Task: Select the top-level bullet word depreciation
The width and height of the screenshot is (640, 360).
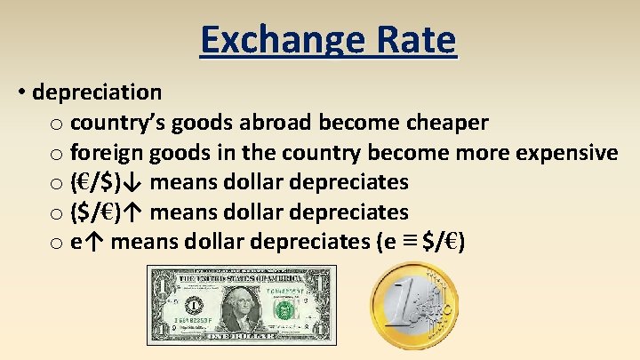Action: pos(98,92)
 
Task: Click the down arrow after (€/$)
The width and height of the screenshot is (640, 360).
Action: pos(133,182)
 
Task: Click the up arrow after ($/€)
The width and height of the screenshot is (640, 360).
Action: pos(133,212)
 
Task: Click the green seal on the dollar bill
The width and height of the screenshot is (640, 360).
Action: pos(284,310)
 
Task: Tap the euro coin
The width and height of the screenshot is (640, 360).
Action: pos(414,307)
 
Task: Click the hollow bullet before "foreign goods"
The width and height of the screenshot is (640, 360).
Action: pos(57,154)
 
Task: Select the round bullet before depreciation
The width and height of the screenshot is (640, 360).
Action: pos(20,92)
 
